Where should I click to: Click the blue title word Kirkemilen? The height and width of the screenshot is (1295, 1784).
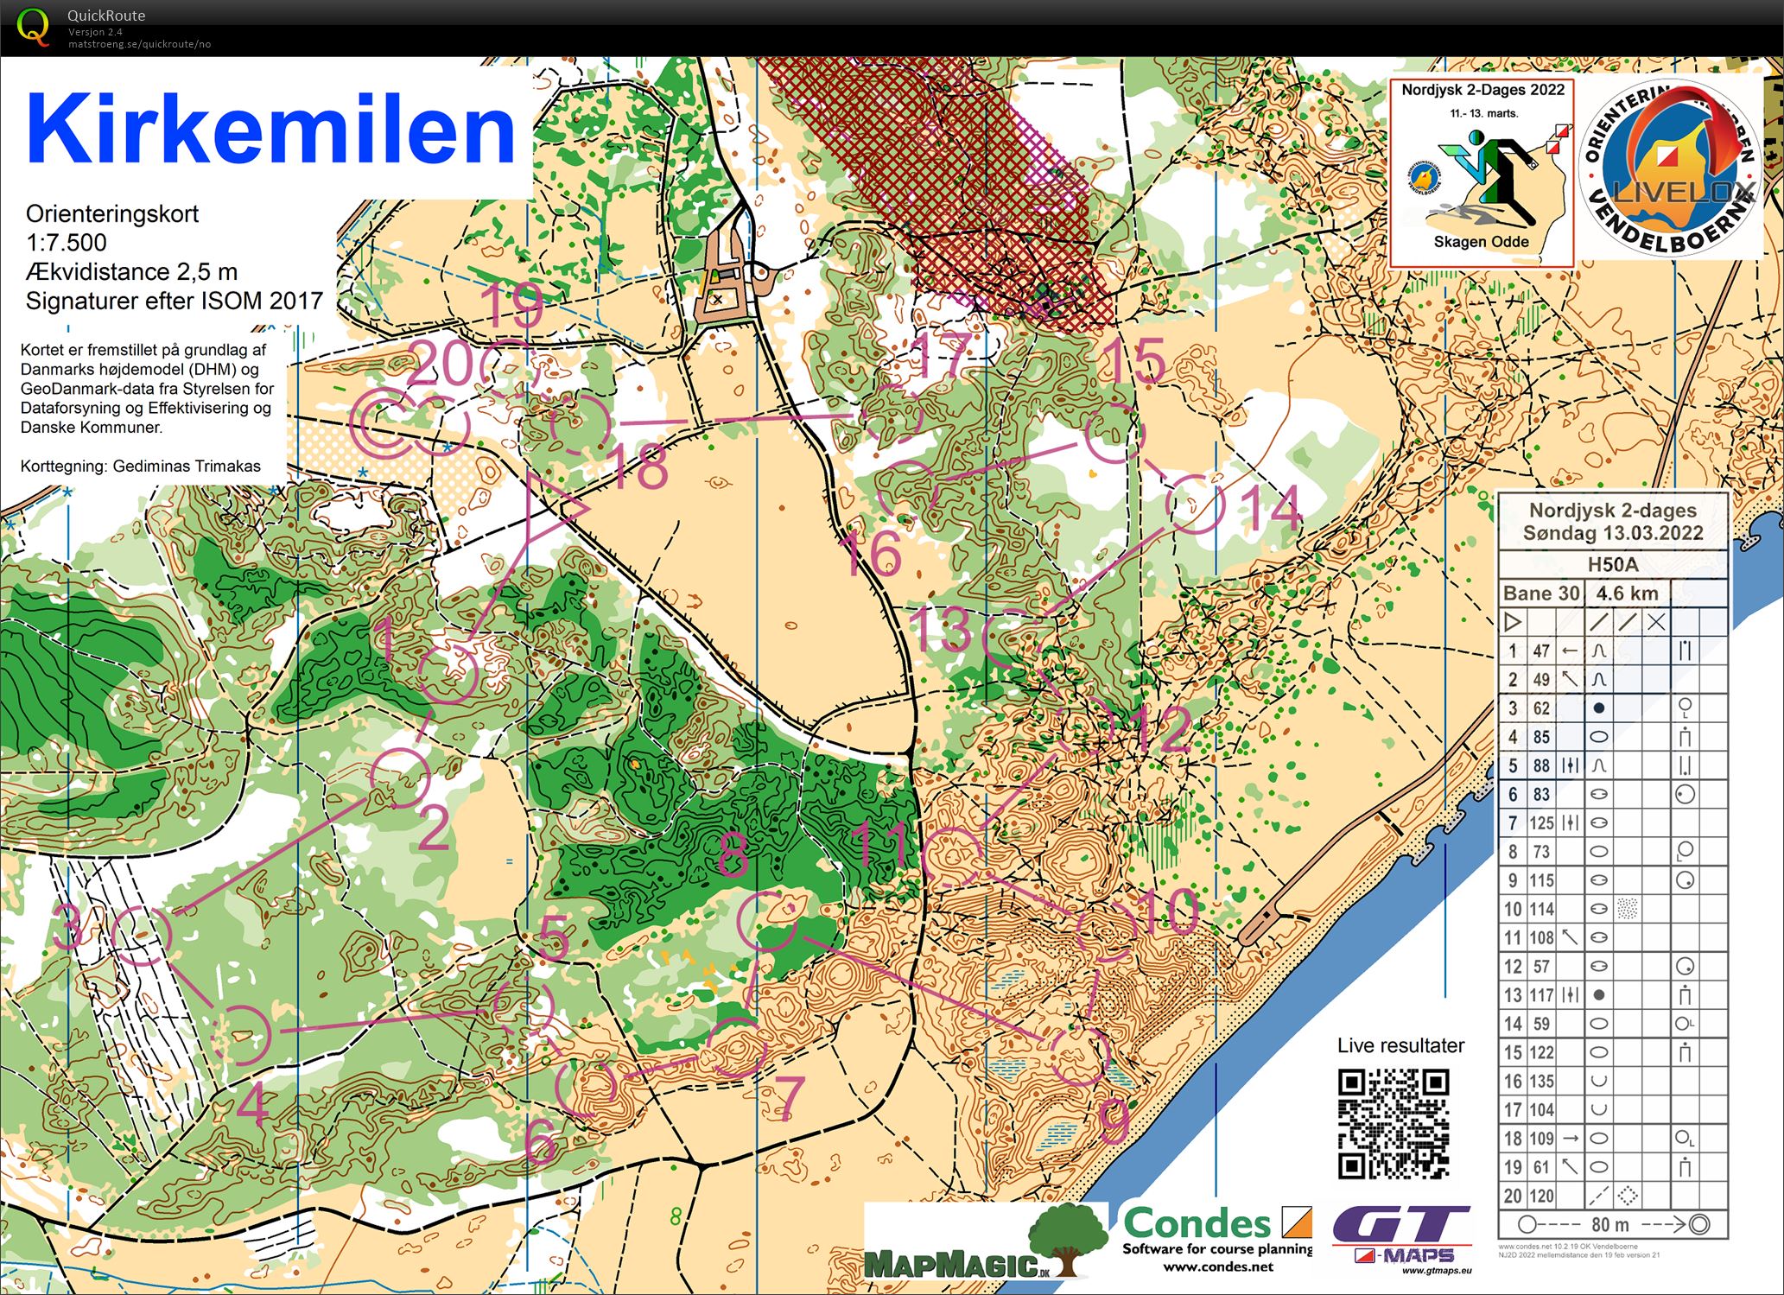tap(270, 130)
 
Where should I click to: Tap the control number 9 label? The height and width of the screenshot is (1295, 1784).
tap(1114, 1120)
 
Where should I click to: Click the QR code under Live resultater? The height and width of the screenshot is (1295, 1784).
tap(1393, 1123)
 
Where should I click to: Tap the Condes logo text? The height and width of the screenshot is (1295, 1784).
tap(1198, 1224)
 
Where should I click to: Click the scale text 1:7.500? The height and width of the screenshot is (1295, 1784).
tap(67, 243)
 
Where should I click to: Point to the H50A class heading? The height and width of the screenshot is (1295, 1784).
tap(1612, 565)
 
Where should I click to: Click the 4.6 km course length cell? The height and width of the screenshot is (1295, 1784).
tap(1627, 594)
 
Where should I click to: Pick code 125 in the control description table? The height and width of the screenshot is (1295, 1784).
tap(1541, 823)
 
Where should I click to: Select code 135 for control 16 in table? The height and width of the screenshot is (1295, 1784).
tap(1541, 1082)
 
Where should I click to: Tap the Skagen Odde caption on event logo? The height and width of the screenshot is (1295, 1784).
tap(1481, 242)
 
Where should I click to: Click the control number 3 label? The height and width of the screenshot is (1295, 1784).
tap(69, 930)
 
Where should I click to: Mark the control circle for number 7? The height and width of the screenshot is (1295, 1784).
tap(737, 1048)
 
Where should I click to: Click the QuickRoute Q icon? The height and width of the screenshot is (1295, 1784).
tap(34, 26)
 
